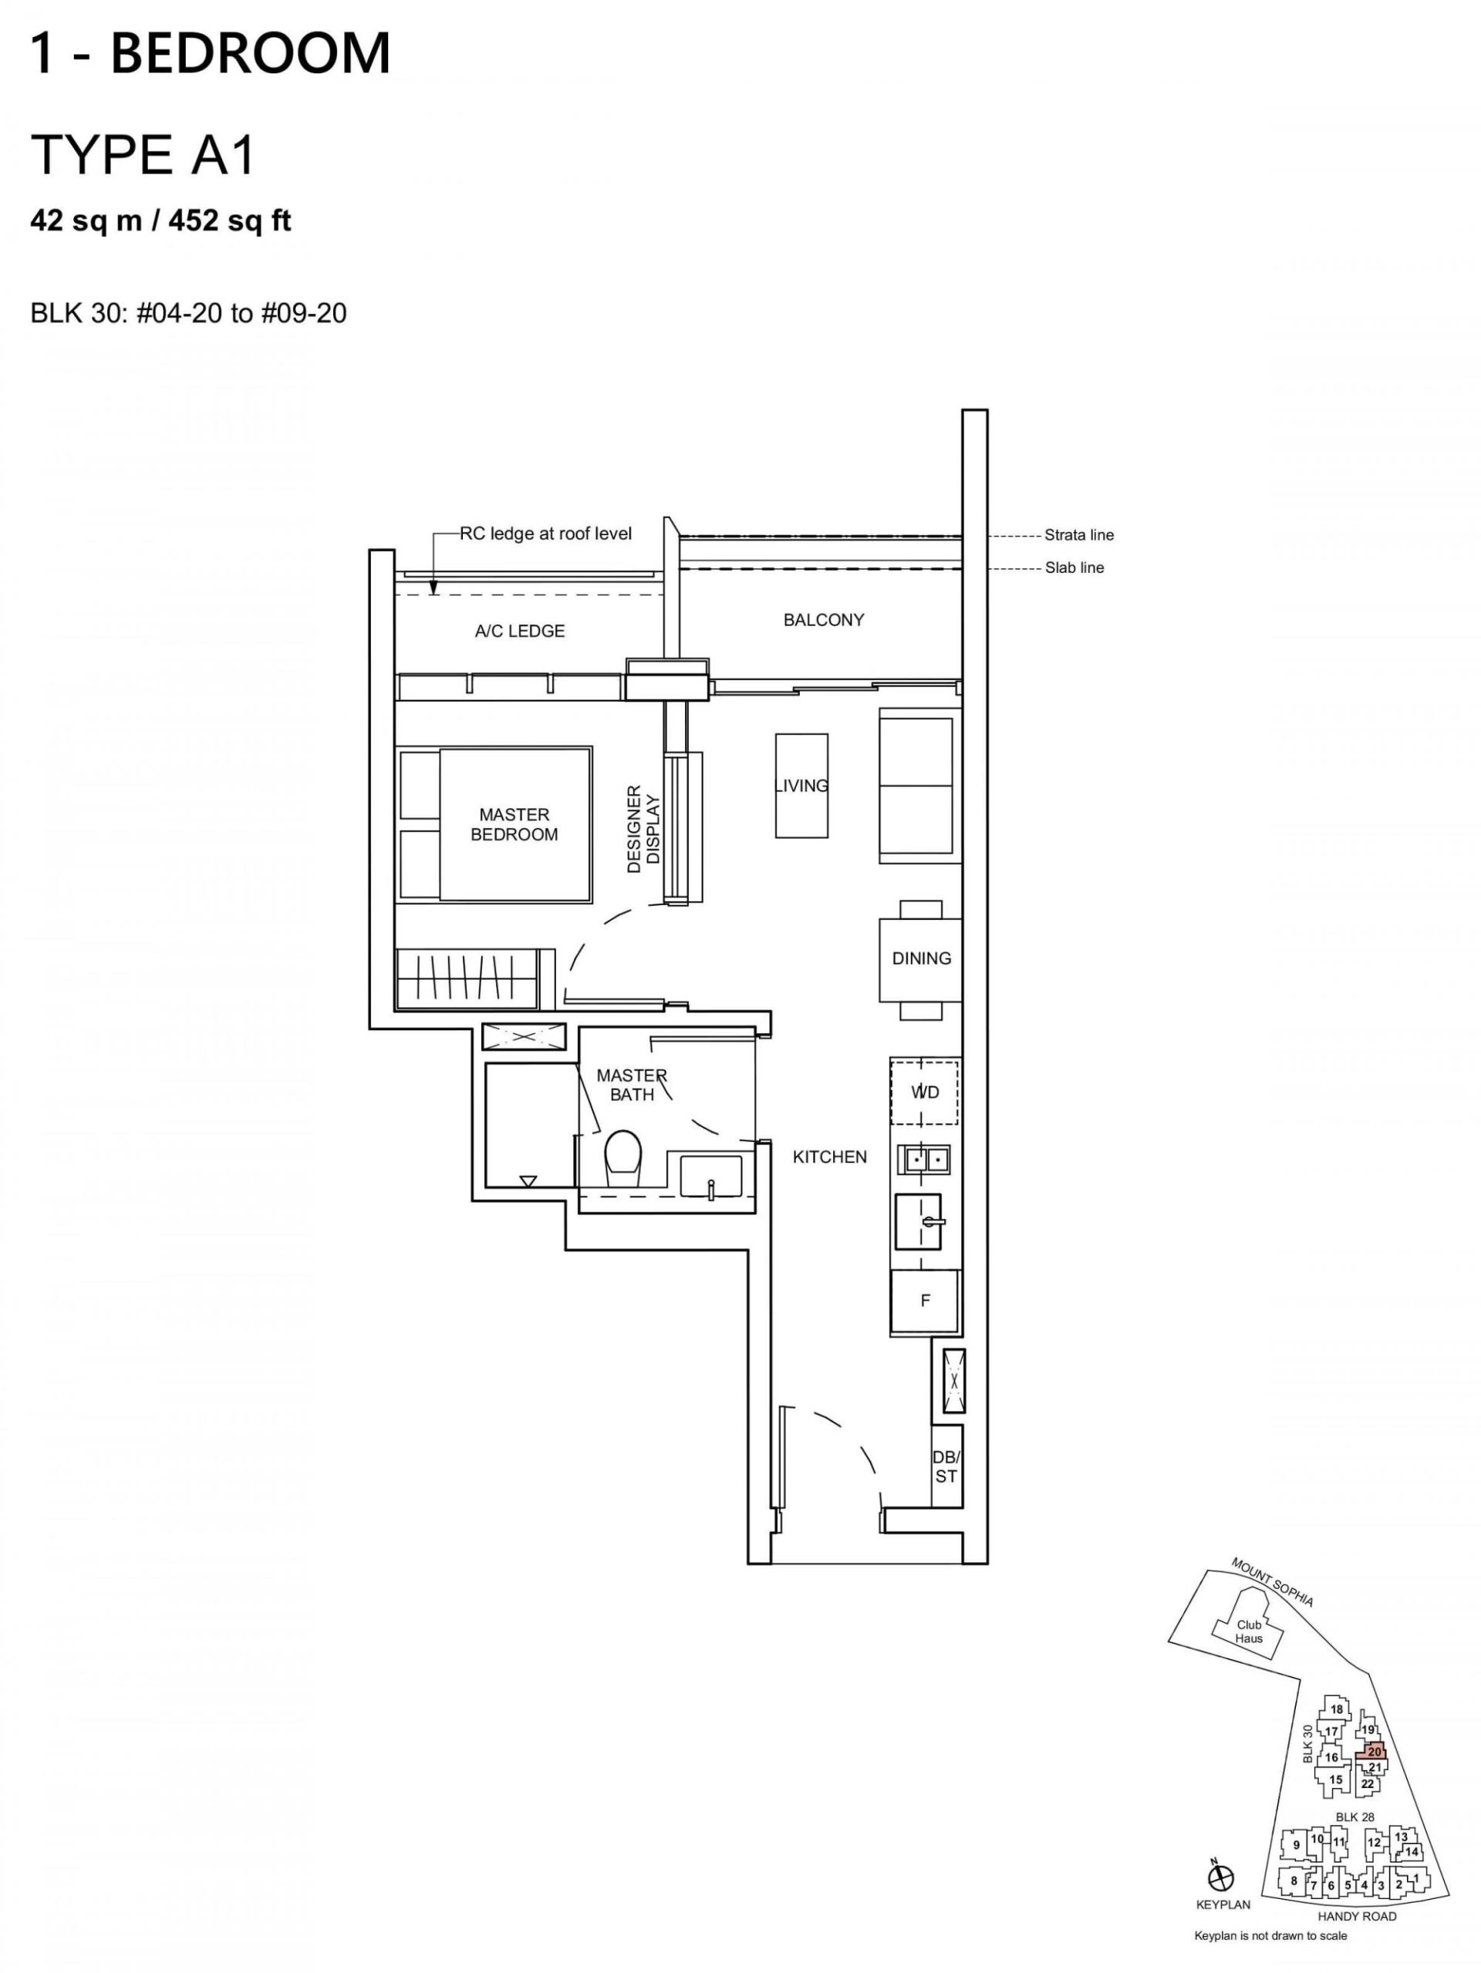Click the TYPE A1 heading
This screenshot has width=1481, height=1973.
[x=143, y=154]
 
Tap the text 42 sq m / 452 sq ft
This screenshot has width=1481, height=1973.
[x=161, y=221]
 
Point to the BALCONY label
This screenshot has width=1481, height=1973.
[x=824, y=620]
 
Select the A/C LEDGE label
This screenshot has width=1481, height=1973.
[x=520, y=631]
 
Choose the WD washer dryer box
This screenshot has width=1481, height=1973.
[x=925, y=1092]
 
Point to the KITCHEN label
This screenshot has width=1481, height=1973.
[x=830, y=1157]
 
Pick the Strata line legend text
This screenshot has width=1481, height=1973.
[x=1080, y=535]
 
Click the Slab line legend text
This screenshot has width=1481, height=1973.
[x=1075, y=568]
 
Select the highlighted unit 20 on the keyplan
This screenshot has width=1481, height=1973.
[x=1373, y=1752]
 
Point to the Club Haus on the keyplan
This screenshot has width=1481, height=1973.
[x=1249, y=1631]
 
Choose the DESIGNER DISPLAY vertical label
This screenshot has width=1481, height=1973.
[x=643, y=829]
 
